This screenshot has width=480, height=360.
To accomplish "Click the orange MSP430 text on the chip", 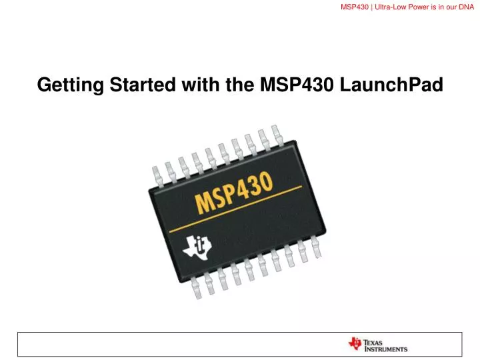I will [233, 192].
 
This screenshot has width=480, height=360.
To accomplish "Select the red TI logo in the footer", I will [354, 343].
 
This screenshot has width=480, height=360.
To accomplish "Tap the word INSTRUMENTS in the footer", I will [385, 349].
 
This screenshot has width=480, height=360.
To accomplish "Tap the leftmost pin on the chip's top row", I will [157, 174].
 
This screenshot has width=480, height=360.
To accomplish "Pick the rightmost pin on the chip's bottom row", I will [315, 247].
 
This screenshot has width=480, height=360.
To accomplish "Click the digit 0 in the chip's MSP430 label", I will [265, 181].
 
